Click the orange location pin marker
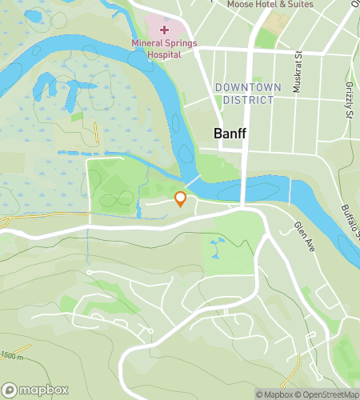[x=181, y=198]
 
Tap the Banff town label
[x=230, y=134]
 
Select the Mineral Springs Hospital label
[x=164, y=50]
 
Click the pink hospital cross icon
[x=164, y=30]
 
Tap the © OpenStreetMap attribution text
[x=328, y=394]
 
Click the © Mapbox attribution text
[x=274, y=394]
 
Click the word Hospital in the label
[x=164, y=55]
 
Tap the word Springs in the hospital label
[x=179, y=44]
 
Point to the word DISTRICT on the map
[x=247, y=100]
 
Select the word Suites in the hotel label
[x=297, y=4]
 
